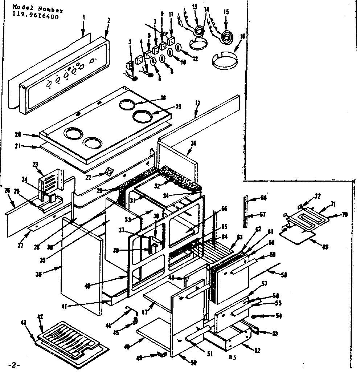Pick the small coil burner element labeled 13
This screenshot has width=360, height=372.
(198, 30)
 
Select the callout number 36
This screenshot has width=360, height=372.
(193, 143)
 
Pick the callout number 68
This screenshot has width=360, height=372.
(264, 198)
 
